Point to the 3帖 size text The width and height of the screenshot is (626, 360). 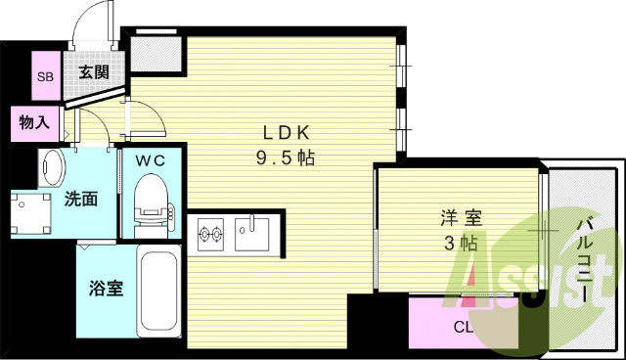(459, 244)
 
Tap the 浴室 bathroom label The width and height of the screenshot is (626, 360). (105, 291)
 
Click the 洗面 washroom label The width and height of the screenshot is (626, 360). (80, 200)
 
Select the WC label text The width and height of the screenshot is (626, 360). (150, 159)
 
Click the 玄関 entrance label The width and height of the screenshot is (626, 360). (94, 70)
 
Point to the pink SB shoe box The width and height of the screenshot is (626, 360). (45, 75)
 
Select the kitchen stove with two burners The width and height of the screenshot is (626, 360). (211, 233)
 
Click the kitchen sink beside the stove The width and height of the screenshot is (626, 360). (251, 233)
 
